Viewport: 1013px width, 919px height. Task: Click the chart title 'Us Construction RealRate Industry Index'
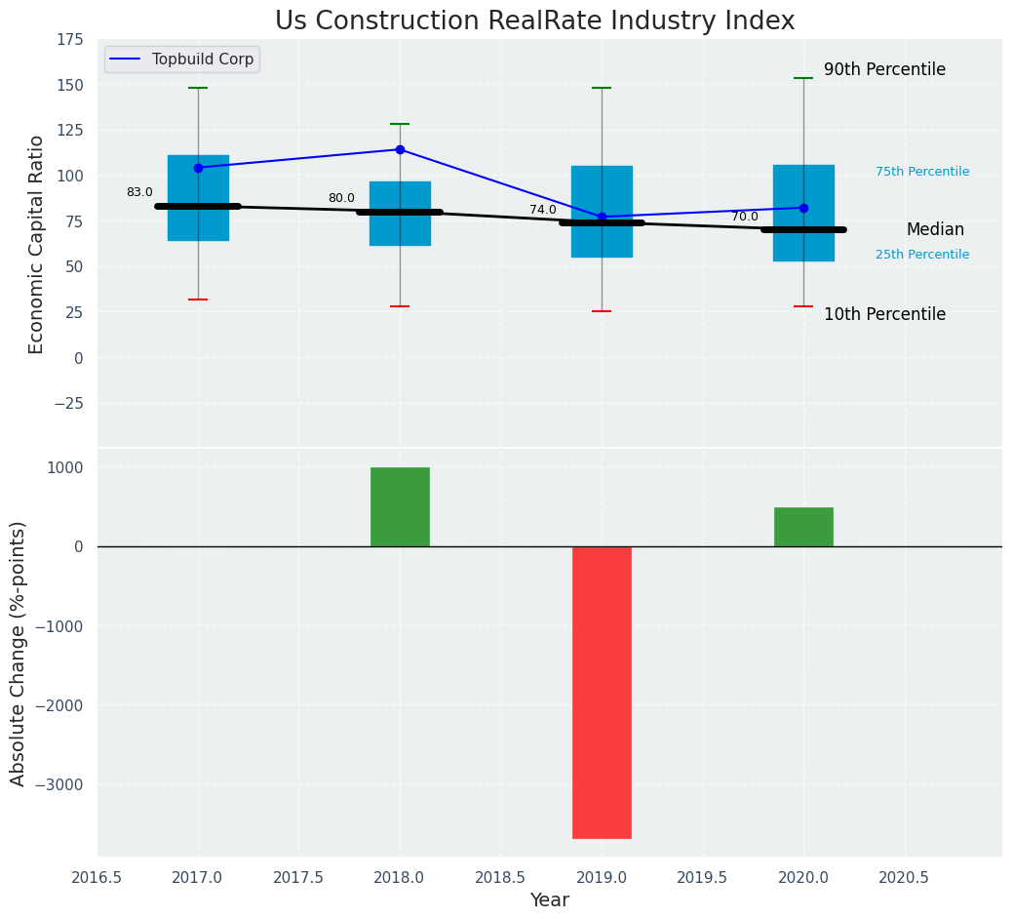[x=534, y=21]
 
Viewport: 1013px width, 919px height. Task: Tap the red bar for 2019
[x=602, y=692]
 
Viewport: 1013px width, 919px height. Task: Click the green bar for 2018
[x=400, y=506]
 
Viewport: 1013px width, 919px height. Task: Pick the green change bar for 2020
[x=803, y=527]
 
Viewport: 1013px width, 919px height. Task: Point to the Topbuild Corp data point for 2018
[x=400, y=149]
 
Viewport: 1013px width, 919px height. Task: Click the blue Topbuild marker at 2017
[x=198, y=168]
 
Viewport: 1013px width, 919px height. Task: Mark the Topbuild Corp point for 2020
[x=803, y=208]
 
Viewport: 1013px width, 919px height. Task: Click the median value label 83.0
[x=139, y=192]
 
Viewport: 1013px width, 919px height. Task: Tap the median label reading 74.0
[x=543, y=210]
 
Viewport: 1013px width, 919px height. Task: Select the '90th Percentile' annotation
[x=884, y=70]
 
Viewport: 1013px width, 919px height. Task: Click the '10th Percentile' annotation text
[x=884, y=314]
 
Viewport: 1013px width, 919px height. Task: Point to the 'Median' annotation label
[x=935, y=230]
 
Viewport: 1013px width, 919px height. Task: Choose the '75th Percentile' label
[x=922, y=172]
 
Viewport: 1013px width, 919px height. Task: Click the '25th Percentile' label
[x=922, y=255]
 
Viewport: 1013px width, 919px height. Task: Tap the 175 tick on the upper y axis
[x=70, y=40]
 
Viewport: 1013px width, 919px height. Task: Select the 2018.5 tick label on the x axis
[x=501, y=878]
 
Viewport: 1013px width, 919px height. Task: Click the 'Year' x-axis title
[x=550, y=900]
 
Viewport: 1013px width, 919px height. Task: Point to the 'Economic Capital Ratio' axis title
[x=37, y=244]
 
